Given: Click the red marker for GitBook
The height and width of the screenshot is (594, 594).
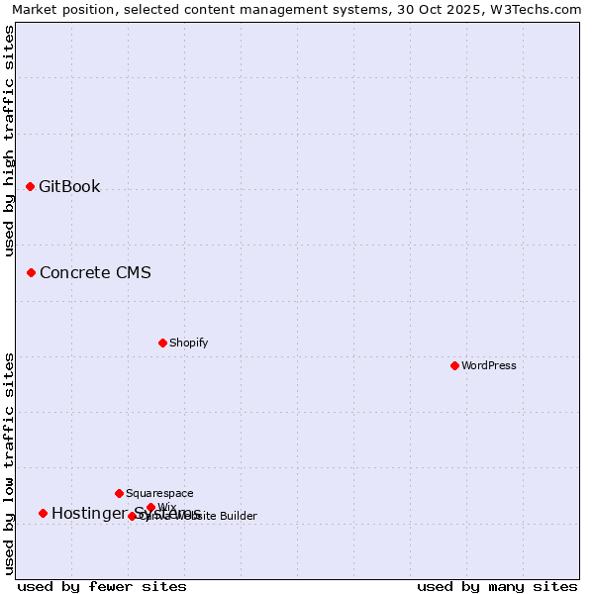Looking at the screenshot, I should pyautogui.click(x=30, y=186).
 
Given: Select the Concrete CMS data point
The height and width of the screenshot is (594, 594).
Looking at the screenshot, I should pyautogui.click(x=31, y=272).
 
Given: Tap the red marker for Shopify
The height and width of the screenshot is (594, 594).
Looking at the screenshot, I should pyautogui.click(x=162, y=343).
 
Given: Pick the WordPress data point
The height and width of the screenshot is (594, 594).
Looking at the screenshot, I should pyautogui.click(x=454, y=365).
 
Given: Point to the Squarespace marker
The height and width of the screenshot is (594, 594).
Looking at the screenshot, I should pyautogui.click(x=119, y=493).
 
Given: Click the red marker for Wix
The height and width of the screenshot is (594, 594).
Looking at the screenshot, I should pyautogui.click(x=150, y=507).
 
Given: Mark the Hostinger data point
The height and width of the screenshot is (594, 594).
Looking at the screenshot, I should pyautogui.click(x=43, y=513).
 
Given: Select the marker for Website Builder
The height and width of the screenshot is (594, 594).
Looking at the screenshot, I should pyautogui.click(x=132, y=516).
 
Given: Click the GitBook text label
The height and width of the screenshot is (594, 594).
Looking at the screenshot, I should pyautogui.click(x=69, y=186).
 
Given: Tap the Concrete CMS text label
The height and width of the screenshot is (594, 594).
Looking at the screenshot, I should pyautogui.click(x=95, y=272).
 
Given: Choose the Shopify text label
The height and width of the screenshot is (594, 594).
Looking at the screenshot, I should pyautogui.click(x=188, y=343).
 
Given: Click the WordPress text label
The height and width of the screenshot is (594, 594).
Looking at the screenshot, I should pyautogui.click(x=489, y=365).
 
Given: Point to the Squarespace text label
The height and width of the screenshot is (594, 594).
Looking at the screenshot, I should pyautogui.click(x=159, y=493).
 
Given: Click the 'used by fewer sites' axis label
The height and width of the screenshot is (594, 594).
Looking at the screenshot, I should pyautogui.click(x=102, y=586).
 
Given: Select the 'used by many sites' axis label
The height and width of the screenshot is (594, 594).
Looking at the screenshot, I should pyautogui.click(x=497, y=586).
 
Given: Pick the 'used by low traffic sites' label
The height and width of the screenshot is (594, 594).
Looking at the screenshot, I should pyautogui.click(x=9, y=463).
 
